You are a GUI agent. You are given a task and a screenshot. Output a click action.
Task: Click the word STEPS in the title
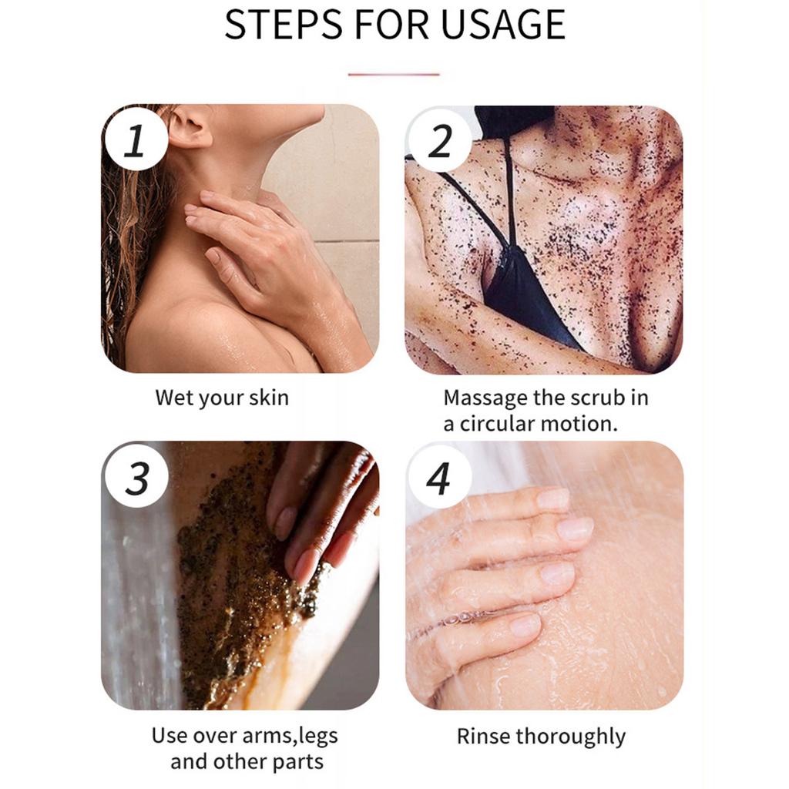[284, 24]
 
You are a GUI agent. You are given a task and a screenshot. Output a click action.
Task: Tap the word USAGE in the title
[502, 24]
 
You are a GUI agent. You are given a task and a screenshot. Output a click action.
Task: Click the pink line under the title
[394, 75]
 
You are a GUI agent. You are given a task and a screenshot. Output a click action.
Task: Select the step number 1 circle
[136, 139]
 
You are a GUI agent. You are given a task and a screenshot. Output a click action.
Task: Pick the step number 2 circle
[439, 140]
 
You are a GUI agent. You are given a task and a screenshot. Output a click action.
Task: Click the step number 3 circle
[136, 477]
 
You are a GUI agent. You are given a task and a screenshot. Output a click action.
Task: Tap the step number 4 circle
[439, 477]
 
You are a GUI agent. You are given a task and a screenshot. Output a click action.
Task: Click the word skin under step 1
[269, 398]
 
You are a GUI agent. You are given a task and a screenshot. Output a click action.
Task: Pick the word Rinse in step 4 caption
[484, 736]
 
